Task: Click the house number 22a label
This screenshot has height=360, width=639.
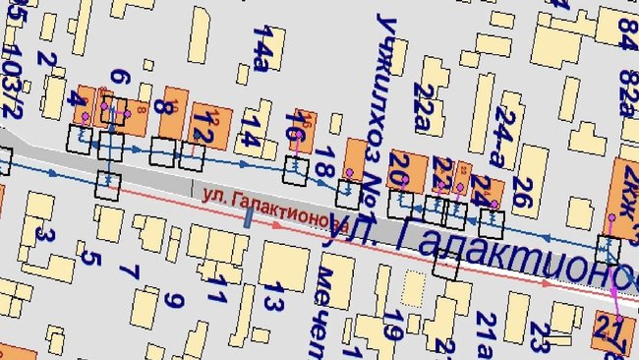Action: [x=424, y=105]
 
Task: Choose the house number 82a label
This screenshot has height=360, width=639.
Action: [x=626, y=91]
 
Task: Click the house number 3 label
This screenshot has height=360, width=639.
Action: [x=43, y=236]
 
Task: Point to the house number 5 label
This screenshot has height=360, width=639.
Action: [x=90, y=259]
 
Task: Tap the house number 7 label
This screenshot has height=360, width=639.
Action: [x=134, y=270]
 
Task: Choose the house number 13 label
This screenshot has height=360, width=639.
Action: [x=278, y=300]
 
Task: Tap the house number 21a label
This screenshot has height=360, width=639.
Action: [x=485, y=334]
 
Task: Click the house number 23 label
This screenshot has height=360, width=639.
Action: [x=538, y=335]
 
